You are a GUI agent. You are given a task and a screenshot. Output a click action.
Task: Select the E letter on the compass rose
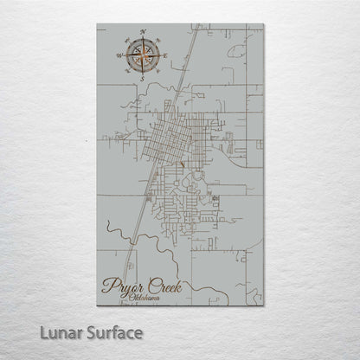tap(165, 57)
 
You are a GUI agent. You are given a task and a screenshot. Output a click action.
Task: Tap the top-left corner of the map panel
tap(96, 23)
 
